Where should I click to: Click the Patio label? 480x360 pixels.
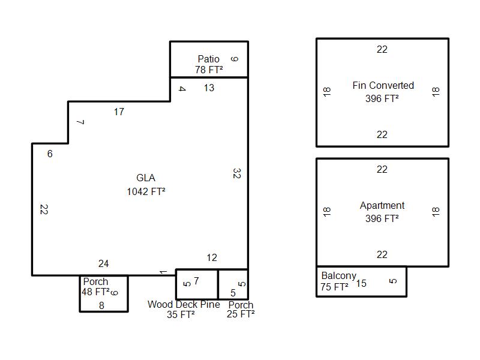point(208,59)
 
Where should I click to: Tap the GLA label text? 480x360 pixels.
point(146,178)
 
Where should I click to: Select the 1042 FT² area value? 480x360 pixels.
point(146,191)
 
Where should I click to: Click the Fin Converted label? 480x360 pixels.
point(383,85)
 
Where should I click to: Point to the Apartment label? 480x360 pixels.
point(382,205)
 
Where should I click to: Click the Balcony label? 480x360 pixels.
point(338,276)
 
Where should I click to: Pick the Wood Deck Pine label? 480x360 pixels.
point(184,305)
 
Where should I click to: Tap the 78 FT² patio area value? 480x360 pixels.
point(209,70)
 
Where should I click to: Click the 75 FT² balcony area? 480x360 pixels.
point(334,287)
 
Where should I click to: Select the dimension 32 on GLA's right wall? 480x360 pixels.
point(237,173)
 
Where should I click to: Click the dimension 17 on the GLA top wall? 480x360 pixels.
point(119,112)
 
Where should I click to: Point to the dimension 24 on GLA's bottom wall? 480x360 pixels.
point(103,264)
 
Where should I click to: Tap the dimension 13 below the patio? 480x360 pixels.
point(209,88)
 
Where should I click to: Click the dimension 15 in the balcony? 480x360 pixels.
point(361,284)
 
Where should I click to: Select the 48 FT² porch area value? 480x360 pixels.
point(95,292)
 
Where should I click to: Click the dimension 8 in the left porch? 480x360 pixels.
point(101,305)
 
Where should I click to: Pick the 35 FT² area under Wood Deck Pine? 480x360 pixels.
point(181,314)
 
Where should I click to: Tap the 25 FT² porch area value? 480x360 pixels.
point(241,314)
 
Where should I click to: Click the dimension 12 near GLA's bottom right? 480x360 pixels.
point(212,258)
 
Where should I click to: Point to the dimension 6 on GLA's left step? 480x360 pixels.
point(50,154)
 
